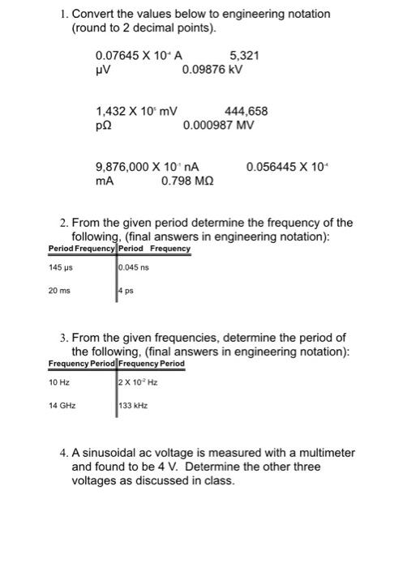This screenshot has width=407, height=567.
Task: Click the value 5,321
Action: [245, 55]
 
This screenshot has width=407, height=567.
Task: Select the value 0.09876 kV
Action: [213, 70]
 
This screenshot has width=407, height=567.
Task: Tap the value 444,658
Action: [246, 112]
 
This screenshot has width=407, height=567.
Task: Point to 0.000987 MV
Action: [219, 126]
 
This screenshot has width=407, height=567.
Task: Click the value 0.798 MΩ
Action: [188, 181]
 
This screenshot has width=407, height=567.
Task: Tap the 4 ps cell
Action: [125, 290]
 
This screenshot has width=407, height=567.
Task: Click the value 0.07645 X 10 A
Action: [139, 55]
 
